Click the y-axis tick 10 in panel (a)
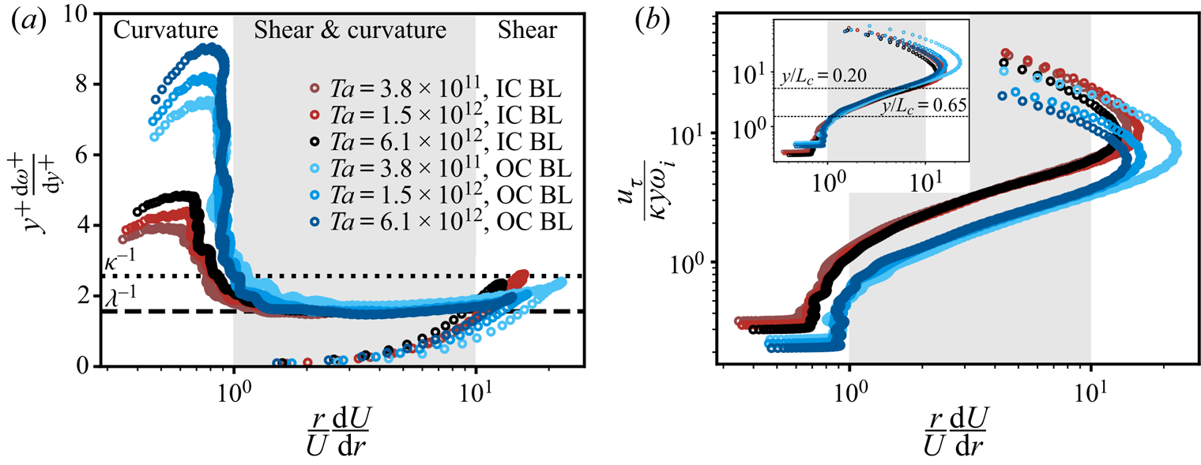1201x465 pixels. click(82, 13)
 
